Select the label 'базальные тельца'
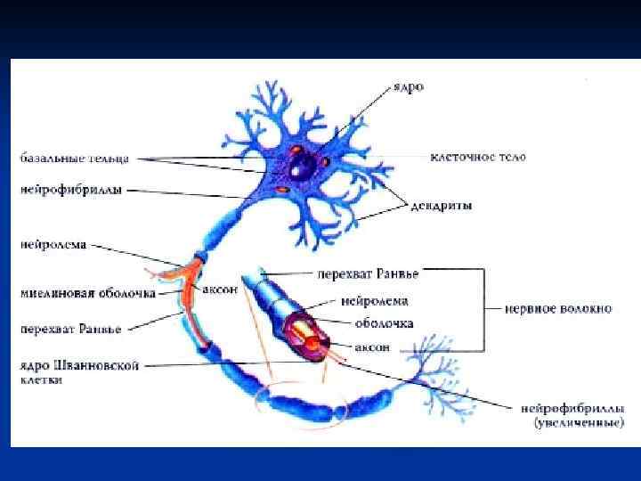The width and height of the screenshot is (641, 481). pyautogui.click(x=77, y=159)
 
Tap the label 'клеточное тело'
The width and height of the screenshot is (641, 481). pyautogui.click(x=477, y=157)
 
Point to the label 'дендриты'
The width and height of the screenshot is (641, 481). pyautogui.click(x=442, y=206)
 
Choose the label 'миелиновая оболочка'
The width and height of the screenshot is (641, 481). pyautogui.click(x=88, y=291)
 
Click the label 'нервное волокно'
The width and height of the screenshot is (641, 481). pyautogui.click(x=558, y=309)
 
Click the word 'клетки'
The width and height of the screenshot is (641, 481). pyautogui.click(x=44, y=379)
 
